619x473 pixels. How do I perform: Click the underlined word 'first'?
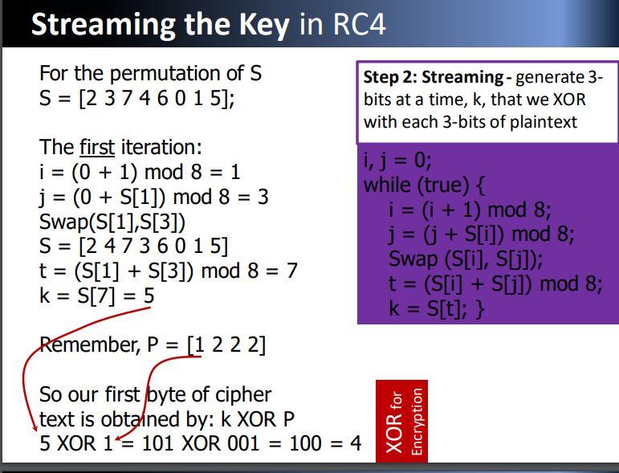97,147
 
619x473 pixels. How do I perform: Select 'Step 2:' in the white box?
389,77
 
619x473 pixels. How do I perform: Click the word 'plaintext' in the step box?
544,122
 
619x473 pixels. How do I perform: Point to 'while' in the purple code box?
387,185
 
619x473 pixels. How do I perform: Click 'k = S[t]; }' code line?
437,308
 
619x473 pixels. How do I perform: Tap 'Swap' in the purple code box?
413,259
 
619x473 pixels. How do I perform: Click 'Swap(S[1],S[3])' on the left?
112,222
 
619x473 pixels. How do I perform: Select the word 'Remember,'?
90,345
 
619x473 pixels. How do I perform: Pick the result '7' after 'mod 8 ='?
291,271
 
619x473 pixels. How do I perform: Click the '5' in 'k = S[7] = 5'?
149,296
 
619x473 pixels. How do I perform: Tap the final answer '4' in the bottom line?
356,443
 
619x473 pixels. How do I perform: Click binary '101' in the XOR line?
157,443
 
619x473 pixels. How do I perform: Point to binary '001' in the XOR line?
243,443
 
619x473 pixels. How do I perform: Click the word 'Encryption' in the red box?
417,422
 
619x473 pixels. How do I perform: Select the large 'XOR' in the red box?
393,433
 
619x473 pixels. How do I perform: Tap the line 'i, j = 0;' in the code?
397,161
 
